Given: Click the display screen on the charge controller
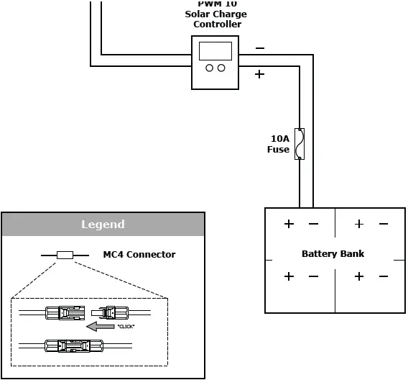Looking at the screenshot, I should tap(215, 51).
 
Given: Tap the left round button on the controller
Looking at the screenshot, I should tap(209, 68).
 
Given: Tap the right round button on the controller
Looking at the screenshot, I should tap(221, 68).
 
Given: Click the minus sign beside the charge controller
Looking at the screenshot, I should tap(259, 49).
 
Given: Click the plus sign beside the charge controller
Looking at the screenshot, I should tap(259, 74).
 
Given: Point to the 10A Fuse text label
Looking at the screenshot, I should tap(279, 144).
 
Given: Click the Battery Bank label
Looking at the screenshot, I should tap(333, 254).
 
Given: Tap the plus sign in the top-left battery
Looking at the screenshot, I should tap(289, 224).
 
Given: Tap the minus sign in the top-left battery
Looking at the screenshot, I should tap(313, 224).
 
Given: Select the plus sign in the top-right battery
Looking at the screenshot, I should tap(359, 224).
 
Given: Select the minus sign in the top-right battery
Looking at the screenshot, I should tap(383, 224).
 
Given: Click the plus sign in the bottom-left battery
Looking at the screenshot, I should tap(289, 276).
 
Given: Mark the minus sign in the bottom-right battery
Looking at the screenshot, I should tap(383, 276).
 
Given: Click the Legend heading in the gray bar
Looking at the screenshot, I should tap(103, 225).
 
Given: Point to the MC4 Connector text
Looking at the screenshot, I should tap(139, 254).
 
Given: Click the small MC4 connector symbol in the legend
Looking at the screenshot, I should tap(65, 255).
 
